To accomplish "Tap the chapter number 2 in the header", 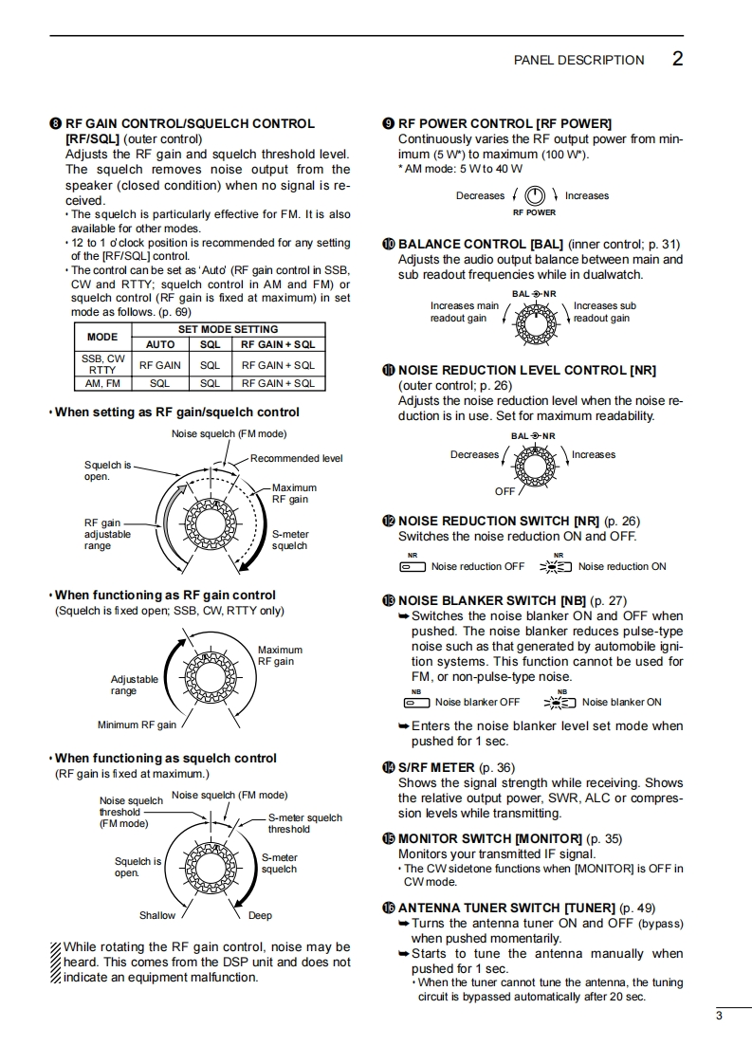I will click(x=677, y=59).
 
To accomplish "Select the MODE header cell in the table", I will click(x=102, y=337).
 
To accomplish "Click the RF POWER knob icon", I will click(x=536, y=195).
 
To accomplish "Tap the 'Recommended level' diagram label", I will click(x=296, y=458).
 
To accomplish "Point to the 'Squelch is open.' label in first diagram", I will click(x=106, y=471).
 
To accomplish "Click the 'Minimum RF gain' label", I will click(x=137, y=725).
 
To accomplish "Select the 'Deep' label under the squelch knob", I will click(x=260, y=915).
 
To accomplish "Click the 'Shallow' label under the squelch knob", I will click(x=157, y=915).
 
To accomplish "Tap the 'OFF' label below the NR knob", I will click(x=504, y=491).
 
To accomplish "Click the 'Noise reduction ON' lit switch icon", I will click(x=556, y=567).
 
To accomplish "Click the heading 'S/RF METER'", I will click(x=436, y=767).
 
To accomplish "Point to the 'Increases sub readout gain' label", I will click(x=604, y=312).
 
